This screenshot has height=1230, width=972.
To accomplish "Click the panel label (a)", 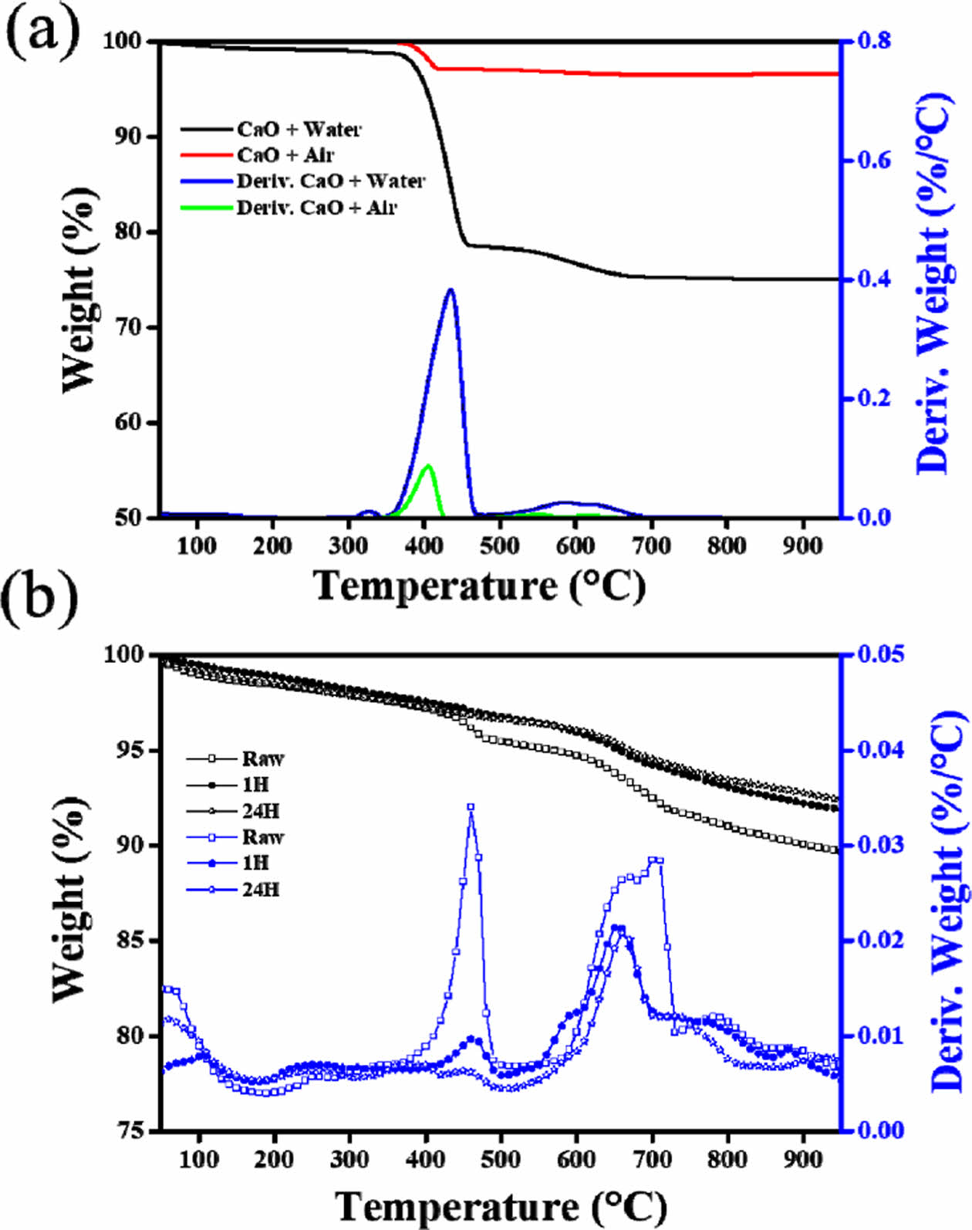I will point(42,31).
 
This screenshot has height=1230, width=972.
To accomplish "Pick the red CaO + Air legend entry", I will point(285,155).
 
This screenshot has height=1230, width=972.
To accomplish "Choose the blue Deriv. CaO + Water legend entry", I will point(330,181).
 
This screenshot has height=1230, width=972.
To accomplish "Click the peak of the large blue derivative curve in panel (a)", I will point(451,289).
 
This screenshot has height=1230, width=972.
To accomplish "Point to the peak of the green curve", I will point(428,465).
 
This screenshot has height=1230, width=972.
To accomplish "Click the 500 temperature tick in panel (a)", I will point(499,545).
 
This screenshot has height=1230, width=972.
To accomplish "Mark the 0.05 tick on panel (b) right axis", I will point(880,654).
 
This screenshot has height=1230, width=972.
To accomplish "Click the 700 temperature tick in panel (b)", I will point(652,1158).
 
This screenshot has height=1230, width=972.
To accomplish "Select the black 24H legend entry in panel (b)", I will point(261,811).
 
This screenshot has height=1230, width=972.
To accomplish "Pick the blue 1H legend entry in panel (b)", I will point(255,863).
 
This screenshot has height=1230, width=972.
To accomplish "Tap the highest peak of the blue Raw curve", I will point(471,806).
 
